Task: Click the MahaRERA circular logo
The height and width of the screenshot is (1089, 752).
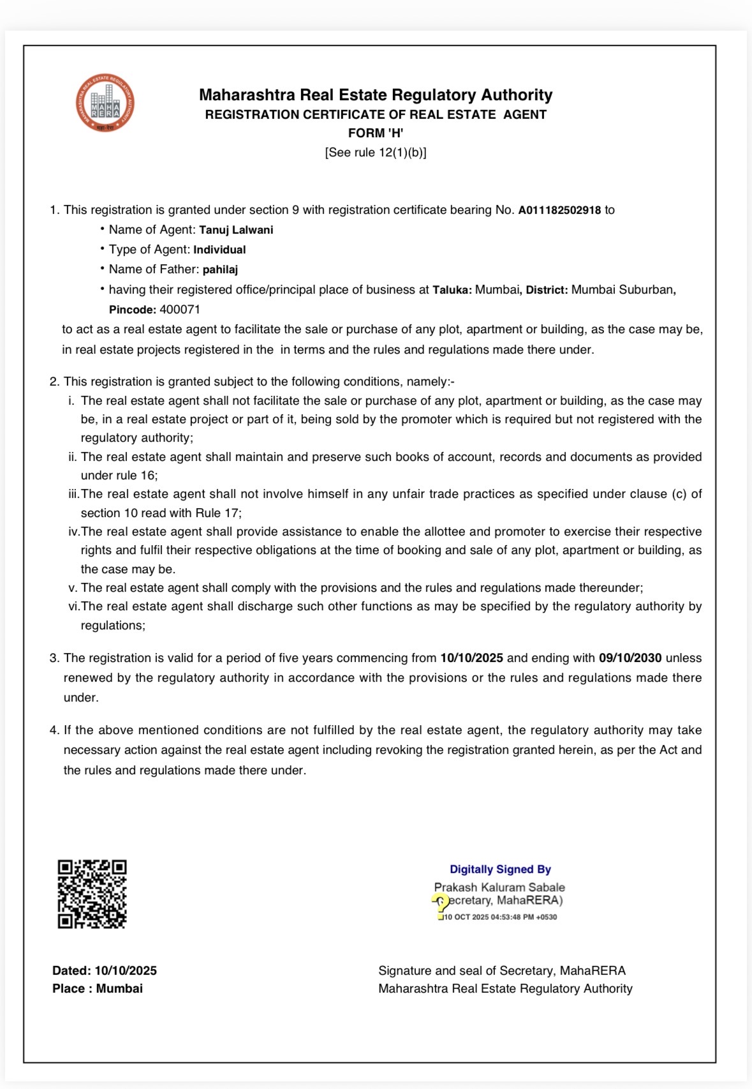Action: (105, 103)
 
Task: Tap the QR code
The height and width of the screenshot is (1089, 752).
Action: (92, 894)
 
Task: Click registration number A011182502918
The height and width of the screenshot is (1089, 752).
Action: (559, 210)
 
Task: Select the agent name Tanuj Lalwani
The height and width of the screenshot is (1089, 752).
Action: (236, 230)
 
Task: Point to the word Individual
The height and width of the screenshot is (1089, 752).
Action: (219, 250)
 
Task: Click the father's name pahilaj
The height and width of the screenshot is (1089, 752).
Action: (220, 269)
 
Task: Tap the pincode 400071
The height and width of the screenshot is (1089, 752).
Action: (180, 310)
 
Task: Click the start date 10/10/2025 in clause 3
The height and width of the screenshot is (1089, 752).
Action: (471, 658)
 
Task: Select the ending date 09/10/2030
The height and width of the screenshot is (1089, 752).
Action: (630, 658)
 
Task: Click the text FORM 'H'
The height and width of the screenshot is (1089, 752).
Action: (376, 133)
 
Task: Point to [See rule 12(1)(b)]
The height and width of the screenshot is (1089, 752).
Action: (376, 153)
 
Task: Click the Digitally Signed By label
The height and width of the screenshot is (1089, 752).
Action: (500, 869)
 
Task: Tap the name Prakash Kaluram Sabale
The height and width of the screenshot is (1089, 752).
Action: (499, 887)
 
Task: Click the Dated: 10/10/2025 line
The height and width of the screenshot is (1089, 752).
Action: (105, 971)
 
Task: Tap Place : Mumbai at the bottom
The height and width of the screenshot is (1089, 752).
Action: (98, 989)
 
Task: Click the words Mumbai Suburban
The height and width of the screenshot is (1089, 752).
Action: (622, 290)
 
